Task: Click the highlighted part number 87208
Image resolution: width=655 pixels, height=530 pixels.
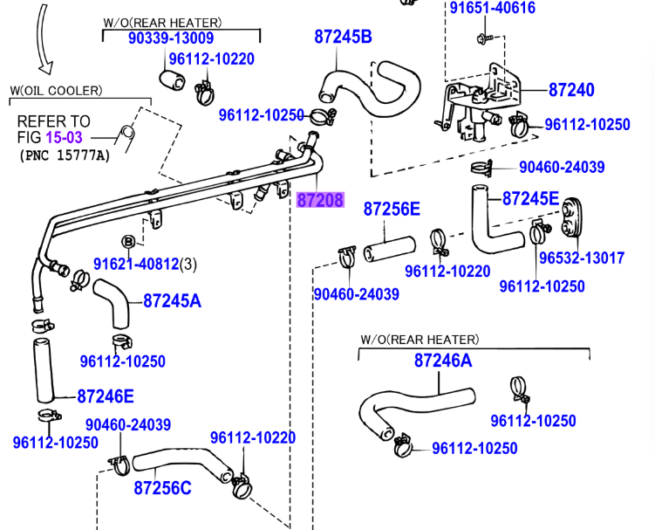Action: pos(320,201)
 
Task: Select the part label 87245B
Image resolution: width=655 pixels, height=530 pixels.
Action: pos(343,37)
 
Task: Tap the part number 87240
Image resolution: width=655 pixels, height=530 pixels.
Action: pos(571,90)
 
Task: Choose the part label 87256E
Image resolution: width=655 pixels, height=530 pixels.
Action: pos(392,209)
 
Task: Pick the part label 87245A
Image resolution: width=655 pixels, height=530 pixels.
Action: pos(172,301)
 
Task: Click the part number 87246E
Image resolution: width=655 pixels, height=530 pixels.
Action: pos(106,396)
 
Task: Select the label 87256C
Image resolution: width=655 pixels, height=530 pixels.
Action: pos(162,488)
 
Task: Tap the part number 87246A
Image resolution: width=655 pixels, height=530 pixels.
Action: pos(442,361)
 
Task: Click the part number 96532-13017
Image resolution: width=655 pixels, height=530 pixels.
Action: pos(581,258)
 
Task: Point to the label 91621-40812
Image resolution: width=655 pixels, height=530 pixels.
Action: pos(136,263)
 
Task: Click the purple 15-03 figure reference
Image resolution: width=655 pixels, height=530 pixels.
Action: pos(71,137)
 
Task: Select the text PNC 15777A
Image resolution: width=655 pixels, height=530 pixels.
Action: pos(65,155)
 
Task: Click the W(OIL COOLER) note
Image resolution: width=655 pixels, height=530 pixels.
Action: pos(56,90)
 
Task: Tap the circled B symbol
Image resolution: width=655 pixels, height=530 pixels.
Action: pos(127,241)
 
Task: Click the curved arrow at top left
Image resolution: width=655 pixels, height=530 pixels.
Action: pos(43,38)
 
